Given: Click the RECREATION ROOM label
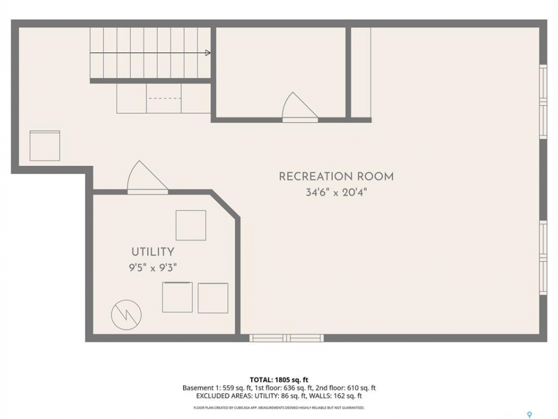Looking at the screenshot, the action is [x=336, y=177].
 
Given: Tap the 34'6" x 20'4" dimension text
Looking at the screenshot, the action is [x=336, y=193].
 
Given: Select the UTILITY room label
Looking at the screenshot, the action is [x=153, y=252].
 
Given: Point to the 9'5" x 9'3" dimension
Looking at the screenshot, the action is [x=153, y=267].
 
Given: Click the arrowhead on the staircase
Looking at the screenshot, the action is [x=208, y=53].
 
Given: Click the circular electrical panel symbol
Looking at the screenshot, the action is [x=126, y=315].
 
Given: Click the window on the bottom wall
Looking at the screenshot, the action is [x=287, y=338].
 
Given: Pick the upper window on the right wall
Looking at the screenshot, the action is [x=543, y=101].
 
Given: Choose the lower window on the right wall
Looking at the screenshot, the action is [x=543, y=258].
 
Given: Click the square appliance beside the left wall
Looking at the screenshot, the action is [x=45, y=145].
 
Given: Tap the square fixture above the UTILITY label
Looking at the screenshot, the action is [x=191, y=225].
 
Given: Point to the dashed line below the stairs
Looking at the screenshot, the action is [x=164, y=98].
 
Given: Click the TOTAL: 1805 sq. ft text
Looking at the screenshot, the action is [x=279, y=380].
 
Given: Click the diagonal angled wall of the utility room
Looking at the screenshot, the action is [x=226, y=204].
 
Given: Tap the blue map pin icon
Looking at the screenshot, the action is [x=530, y=414].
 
